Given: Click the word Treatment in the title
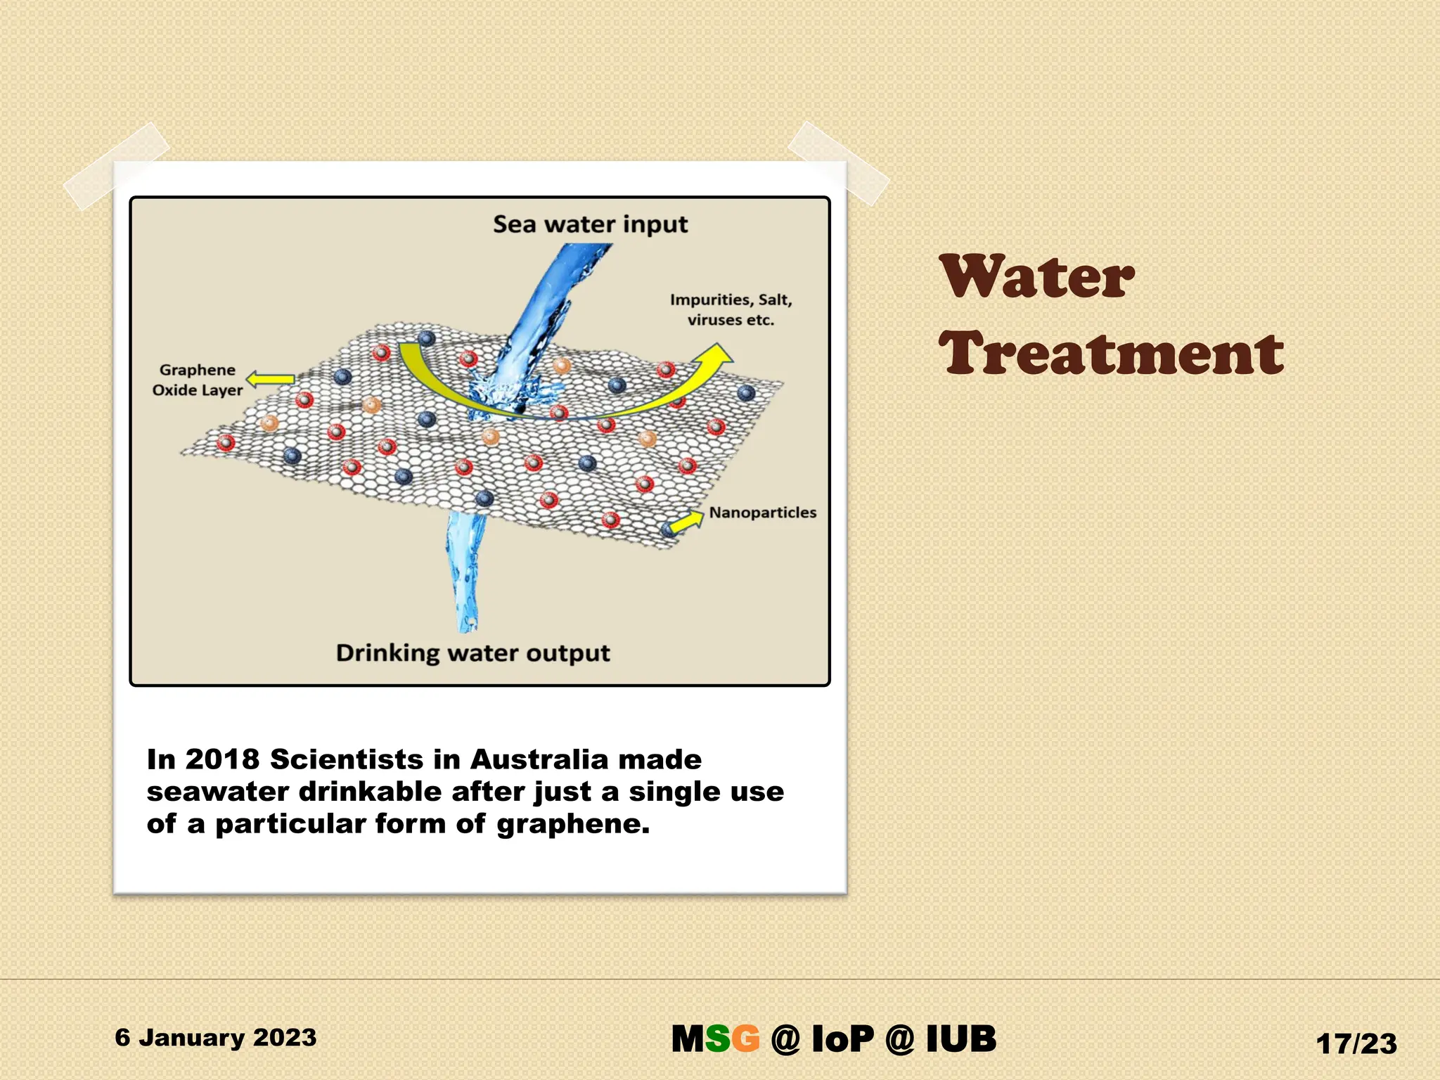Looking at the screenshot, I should [1111, 353].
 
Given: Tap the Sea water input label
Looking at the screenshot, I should [590, 224].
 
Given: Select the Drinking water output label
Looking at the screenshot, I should [472, 652].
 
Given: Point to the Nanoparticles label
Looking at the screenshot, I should [762, 513].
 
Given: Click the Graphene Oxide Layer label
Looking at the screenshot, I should [198, 380].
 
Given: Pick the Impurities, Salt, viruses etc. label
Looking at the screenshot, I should [731, 309].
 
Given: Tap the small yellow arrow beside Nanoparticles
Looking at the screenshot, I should [686, 522].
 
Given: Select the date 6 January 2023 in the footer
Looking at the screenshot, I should [216, 1037].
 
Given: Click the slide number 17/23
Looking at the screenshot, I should [1356, 1043].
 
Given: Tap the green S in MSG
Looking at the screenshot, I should [718, 1039].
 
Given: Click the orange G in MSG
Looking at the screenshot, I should [746, 1039].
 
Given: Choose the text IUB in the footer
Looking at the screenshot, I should [960, 1039].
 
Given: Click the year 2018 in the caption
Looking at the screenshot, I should [222, 759].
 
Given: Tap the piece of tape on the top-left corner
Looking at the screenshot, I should [116, 166].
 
